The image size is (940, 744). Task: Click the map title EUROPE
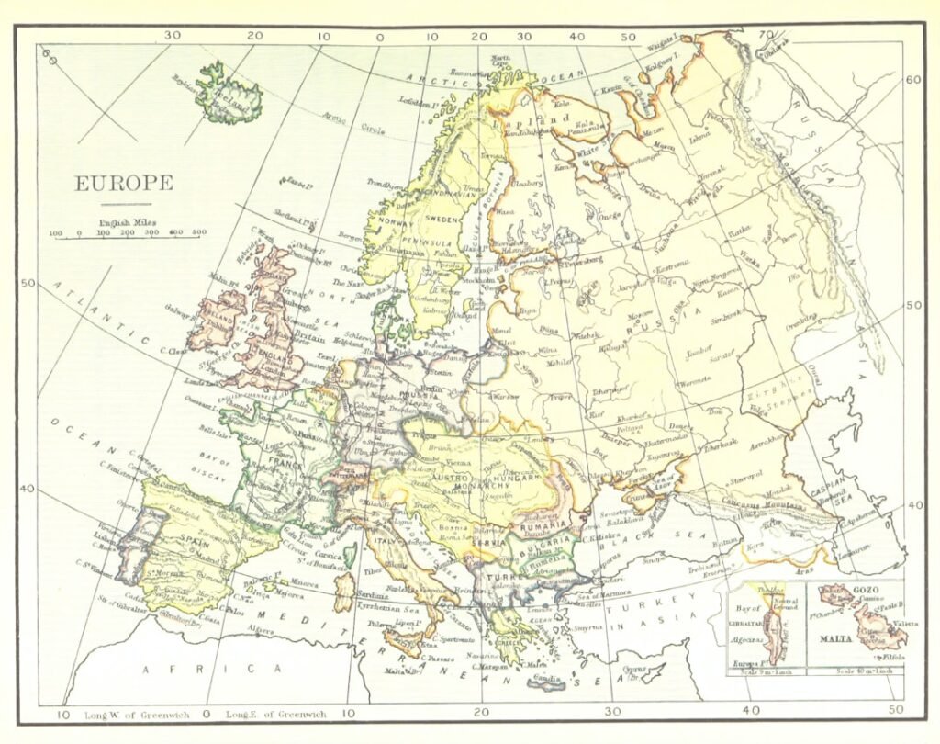[x=123, y=183]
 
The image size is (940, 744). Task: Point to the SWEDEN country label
[x=443, y=220]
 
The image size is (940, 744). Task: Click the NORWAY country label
[x=396, y=222]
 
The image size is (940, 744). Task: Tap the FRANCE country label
[x=280, y=465]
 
